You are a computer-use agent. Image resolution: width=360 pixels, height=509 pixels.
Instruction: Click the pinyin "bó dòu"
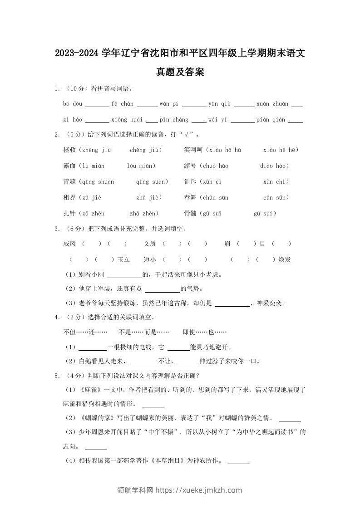73,104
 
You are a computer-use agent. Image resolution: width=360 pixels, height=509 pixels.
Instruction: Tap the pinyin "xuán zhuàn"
272,104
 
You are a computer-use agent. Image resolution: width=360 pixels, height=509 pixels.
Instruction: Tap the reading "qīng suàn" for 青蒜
152,181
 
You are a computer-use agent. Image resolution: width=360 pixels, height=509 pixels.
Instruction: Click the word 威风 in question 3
70,244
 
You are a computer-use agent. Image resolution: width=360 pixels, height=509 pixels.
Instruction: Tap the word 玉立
123,259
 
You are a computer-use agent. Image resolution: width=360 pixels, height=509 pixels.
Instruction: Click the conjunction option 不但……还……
85,332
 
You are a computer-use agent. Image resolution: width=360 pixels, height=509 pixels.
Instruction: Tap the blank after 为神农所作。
238,462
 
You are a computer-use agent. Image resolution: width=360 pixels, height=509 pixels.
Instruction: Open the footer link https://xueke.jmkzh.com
199,490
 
